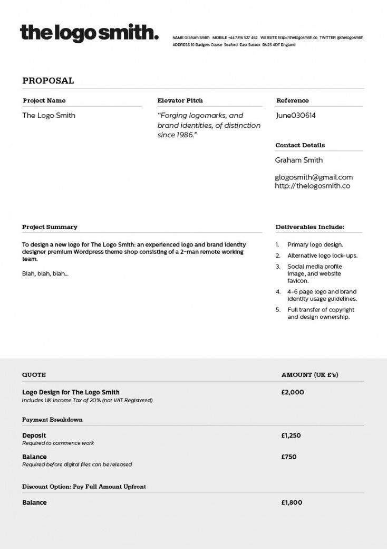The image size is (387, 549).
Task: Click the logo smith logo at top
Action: click(x=89, y=33)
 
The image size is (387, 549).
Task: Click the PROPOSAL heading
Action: click(x=48, y=81)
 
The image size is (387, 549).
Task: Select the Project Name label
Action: click(x=44, y=100)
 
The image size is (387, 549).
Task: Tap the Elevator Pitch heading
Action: click(x=180, y=100)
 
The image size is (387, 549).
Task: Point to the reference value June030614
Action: click(x=295, y=115)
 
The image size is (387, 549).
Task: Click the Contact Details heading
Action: click(x=300, y=145)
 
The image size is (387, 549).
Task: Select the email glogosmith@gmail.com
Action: click(x=314, y=177)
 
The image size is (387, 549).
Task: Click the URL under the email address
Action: click(x=313, y=186)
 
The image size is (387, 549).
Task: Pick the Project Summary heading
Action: click(x=50, y=227)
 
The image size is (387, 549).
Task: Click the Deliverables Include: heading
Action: click(x=309, y=227)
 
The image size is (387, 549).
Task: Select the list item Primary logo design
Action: click(x=315, y=245)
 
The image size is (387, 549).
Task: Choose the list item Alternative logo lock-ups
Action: click(x=322, y=255)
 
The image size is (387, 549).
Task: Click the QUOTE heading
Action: click(x=34, y=375)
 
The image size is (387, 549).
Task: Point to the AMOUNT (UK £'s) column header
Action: click(x=310, y=375)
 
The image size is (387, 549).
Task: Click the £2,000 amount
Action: click(x=293, y=392)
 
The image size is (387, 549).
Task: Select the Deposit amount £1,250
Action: click(x=292, y=436)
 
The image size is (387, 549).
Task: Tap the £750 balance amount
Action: click(x=289, y=457)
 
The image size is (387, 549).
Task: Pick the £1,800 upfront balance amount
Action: click(x=292, y=503)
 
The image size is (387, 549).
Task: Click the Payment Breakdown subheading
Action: click(x=52, y=420)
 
